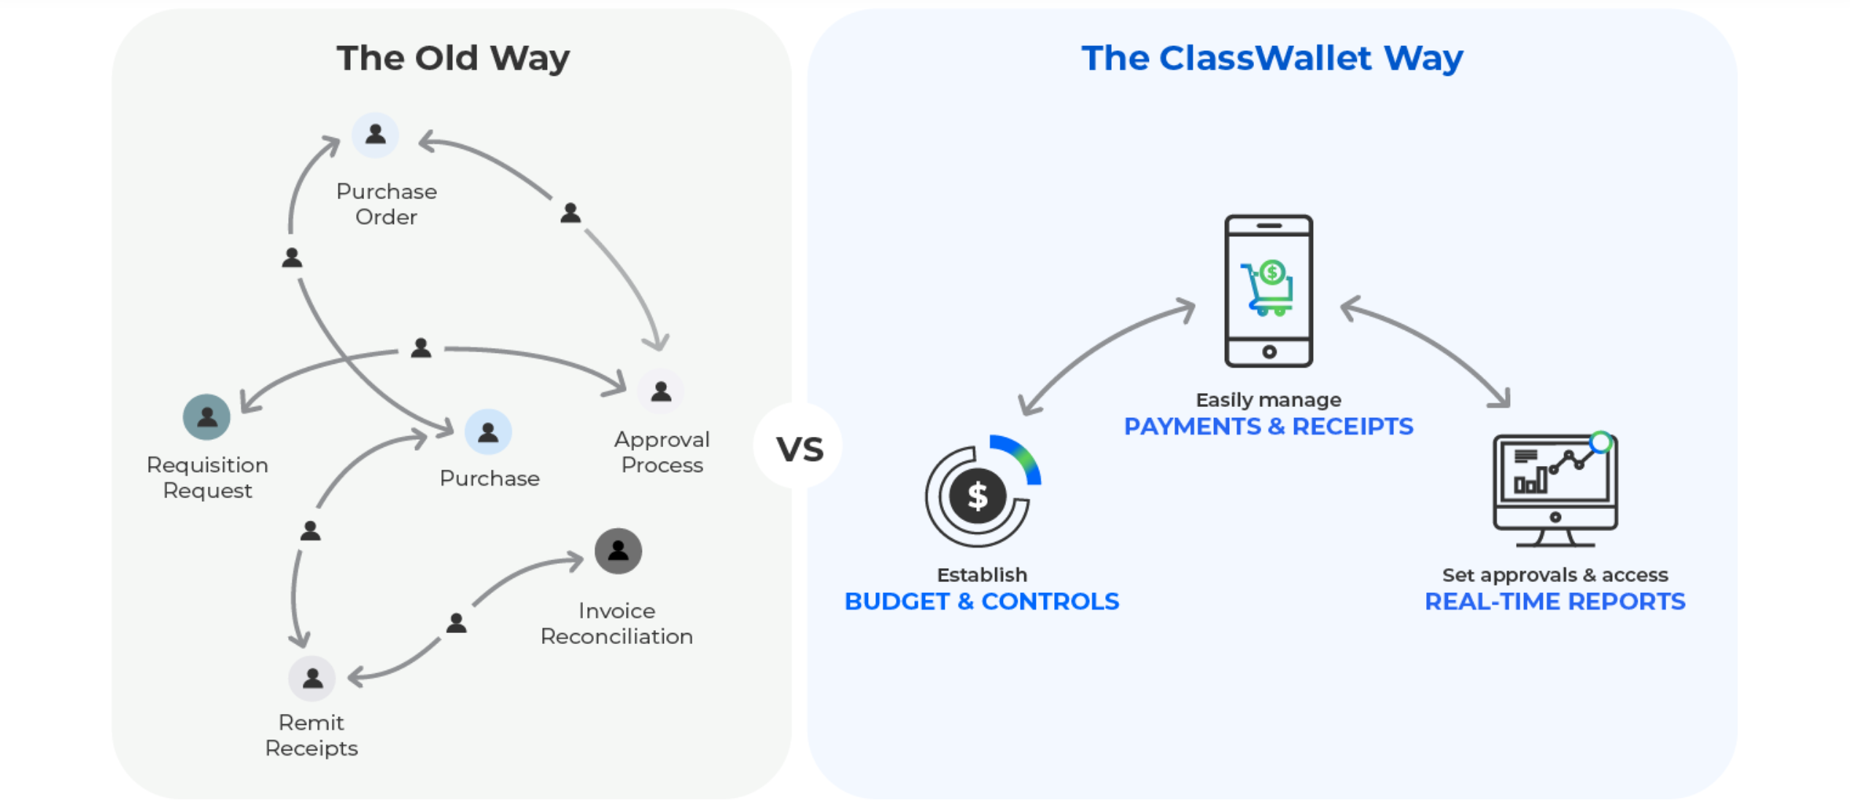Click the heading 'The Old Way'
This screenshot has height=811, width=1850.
pos(452,58)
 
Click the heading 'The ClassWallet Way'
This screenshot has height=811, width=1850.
pos(1272,58)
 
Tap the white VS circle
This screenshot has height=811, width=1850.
pos(799,448)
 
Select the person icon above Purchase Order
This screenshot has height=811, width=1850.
pos(375,135)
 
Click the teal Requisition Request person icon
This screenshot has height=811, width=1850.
pos(206,417)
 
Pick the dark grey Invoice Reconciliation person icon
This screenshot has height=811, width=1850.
pos(618,551)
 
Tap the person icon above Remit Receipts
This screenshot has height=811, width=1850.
pos(312,678)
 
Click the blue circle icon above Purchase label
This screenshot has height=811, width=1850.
pos(488,432)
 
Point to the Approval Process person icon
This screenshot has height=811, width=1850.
pos(661,392)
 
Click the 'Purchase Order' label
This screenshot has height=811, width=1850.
pos(386,203)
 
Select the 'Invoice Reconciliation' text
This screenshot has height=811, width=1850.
pos(616,623)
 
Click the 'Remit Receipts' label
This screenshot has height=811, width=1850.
pos(311,734)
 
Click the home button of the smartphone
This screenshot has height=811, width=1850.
pos(1269,352)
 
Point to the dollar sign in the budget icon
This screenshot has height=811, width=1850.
pos(977,497)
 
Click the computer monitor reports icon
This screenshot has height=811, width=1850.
pos(1555,489)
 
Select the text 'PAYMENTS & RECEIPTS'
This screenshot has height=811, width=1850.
pos(1268,426)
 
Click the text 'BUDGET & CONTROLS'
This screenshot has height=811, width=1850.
pos(981,601)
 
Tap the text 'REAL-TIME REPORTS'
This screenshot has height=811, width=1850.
pos(1555,601)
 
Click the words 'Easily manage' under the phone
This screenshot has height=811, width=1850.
pos(1268,400)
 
